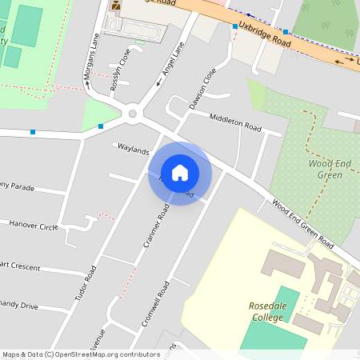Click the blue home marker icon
(x=180, y=173)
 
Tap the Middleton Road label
(x=235, y=122)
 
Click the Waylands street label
(x=134, y=150)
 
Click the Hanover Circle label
(x=34, y=226)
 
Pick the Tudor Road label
(x=86, y=283)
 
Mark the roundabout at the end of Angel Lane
(x=134, y=114)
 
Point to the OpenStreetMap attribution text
(x=80, y=354)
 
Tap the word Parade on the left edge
(x=23, y=188)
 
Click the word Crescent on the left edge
(x=24, y=266)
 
